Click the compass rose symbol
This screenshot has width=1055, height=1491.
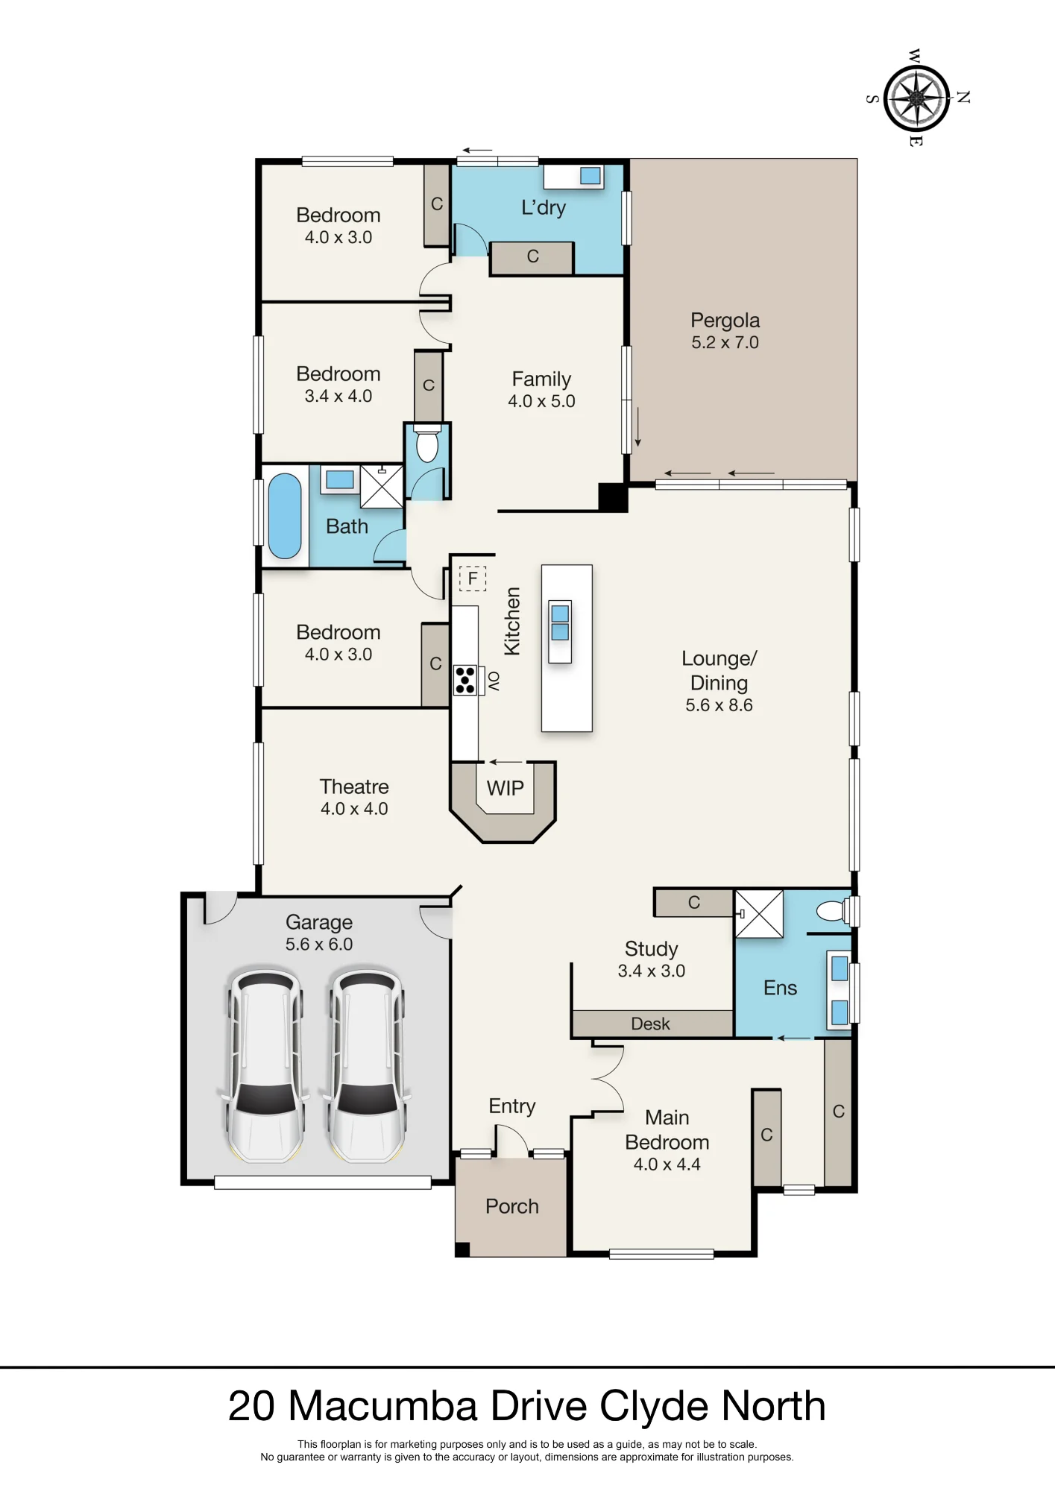[916, 98]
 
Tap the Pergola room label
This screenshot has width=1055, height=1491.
[725, 321]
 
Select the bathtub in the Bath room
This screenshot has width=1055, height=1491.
[285, 516]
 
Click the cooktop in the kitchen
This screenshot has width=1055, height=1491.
[465, 680]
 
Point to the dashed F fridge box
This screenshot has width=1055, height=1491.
[473, 579]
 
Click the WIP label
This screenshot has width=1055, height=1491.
[506, 788]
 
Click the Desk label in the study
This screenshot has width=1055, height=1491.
[650, 1024]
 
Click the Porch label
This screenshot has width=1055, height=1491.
[512, 1206]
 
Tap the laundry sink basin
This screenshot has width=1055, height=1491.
[591, 176]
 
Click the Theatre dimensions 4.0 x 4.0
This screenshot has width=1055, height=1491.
[354, 809]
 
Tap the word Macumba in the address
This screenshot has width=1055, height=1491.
[382, 1406]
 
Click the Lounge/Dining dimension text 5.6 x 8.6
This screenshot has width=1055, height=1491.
[719, 705]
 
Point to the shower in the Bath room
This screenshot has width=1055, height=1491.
[382, 486]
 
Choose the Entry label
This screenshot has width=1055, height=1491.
[512, 1106]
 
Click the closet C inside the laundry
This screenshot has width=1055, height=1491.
[532, 257]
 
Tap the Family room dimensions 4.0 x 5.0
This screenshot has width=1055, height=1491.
[541, 401]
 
